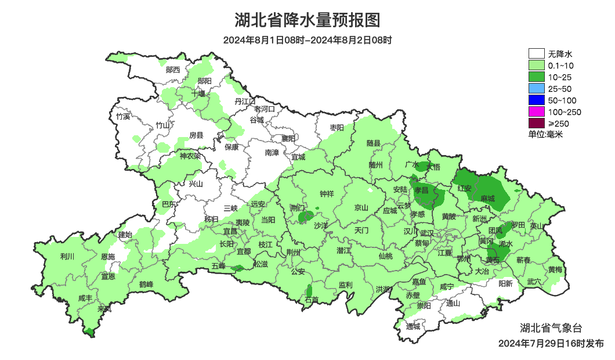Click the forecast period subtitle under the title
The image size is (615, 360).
pos(307,40)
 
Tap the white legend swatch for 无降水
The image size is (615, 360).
pos(536,54)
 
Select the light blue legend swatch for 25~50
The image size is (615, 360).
pos(536,89)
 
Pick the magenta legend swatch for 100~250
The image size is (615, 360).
pos(536,111)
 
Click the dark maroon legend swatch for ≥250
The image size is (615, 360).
pos(536,123)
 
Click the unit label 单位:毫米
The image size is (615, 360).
pos(545,134)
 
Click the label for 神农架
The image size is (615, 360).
pos(190,156)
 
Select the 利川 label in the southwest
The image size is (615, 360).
pos(67,256)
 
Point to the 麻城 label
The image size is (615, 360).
pos(488,199)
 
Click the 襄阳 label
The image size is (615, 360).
pos(288,138)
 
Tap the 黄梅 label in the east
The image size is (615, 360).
pos(555,269)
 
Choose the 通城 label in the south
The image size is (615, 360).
pos(413,326)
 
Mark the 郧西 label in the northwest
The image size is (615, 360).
pos(173,70)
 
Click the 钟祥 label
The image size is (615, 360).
pos(327,194)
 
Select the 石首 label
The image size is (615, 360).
pos(312,300)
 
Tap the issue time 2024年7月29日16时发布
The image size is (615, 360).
pos(551,344)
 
